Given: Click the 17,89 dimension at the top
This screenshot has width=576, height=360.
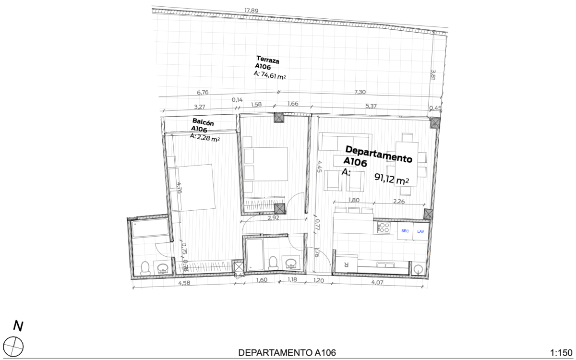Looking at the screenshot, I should click(x=252, y=11).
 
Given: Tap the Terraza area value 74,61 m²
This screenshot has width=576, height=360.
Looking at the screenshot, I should click(x=273, y=75).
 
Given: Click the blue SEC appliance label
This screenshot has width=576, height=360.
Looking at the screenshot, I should click(x=405, y=231).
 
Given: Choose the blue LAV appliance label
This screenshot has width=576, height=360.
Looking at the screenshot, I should click(x=421, y=231).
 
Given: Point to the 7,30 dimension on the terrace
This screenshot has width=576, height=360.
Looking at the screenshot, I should click(x=360, y=92).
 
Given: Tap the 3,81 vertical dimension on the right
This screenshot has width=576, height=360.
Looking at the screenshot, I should click(x=433, y=74).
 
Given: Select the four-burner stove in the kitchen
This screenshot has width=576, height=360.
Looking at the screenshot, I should click(x=384, y=228).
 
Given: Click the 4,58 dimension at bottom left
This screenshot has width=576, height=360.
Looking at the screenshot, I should click(x=185, y=283).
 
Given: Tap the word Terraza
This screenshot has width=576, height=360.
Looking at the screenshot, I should click(x=268, y=60).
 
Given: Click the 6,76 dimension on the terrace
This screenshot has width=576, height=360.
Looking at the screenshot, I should click(x=203, y=92).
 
